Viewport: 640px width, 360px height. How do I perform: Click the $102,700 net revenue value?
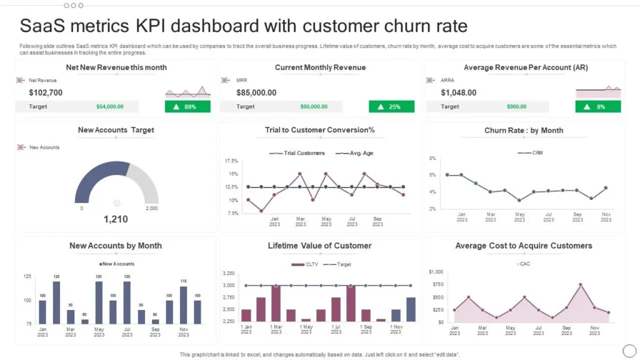click(x=46, y=92)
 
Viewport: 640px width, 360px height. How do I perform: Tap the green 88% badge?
click(x=187, y=107)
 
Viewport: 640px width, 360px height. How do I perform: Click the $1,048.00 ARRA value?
click(x=459, y=92)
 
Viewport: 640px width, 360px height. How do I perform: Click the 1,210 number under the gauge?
click(x=116, y=219)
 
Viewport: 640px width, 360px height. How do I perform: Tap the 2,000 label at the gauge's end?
click(x=151, y=208)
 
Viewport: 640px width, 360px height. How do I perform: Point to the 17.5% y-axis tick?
click(x=231, y=161)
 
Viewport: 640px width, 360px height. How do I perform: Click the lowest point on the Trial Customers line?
click(x=261, y=211)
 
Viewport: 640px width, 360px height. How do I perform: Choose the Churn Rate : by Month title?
click(x=524, y=131)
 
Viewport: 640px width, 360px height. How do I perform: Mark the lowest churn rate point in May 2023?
click(x=519, y=200)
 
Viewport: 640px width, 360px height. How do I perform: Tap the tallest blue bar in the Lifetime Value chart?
click(x=411, y=309)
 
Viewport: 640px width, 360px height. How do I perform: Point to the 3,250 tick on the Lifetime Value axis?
click(x=229, y=274)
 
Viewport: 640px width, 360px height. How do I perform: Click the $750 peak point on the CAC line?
click(x=581, y=285)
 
